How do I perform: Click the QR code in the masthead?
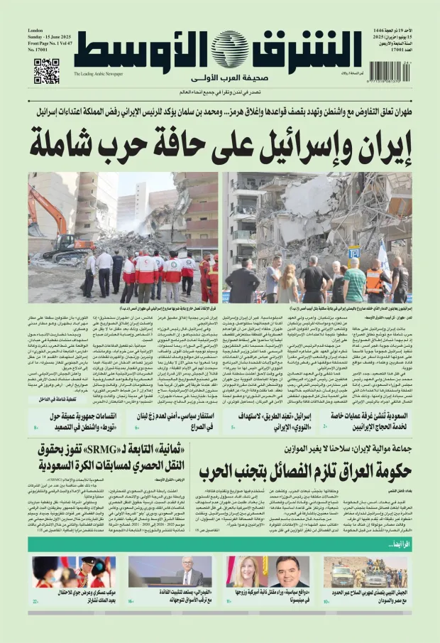pos(47,71)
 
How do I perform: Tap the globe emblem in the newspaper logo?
pos(229,50)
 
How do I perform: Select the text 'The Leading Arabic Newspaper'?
pos(98,74)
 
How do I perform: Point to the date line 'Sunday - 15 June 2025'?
pos(49,38)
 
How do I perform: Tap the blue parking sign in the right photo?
pos(353,252)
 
